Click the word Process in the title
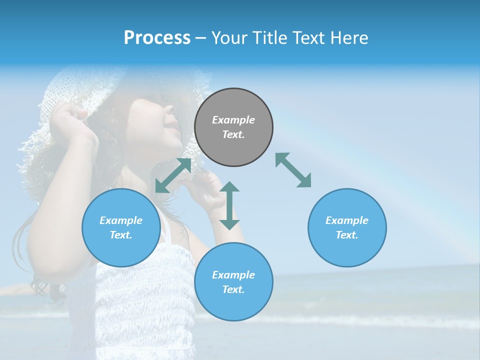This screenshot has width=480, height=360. coord(157,38)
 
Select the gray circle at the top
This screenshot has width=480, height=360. coord(233,127)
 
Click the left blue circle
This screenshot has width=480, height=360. coord(121,227)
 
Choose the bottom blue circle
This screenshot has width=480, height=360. coord(233,281)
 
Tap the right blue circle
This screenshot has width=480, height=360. coord(347,227)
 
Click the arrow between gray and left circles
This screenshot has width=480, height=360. coord(173,175)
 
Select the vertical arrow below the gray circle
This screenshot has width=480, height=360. coord(229,205)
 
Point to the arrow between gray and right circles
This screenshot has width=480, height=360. coord(293,170)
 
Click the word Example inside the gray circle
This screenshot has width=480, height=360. coord(233,120)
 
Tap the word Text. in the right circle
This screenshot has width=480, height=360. coord(347,235)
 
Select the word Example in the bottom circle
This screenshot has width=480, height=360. coord(233,274)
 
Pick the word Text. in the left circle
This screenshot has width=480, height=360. coord(121,235)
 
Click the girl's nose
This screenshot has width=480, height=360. coord(175,120)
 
